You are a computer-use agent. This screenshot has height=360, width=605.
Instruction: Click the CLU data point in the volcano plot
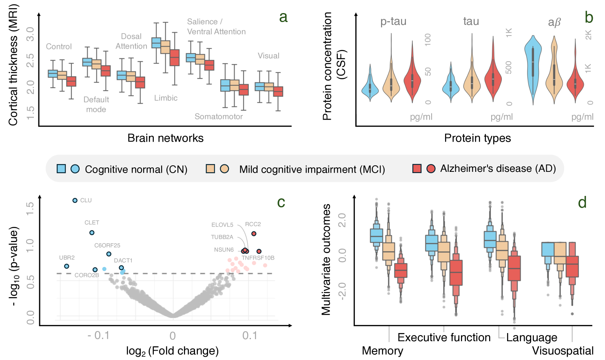[75, 200]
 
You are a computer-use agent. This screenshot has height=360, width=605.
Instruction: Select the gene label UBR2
[67, 258]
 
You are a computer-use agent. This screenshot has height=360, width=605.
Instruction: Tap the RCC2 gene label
[253, 224]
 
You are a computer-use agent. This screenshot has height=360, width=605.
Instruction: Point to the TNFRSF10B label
[258, 258]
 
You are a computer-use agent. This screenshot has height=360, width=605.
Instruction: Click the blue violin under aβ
[533, 65]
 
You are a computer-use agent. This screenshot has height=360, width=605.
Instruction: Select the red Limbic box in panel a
[175, 58]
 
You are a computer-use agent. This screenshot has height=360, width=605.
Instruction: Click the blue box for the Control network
[53, 73]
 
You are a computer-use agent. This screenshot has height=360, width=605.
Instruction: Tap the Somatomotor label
[219, 117]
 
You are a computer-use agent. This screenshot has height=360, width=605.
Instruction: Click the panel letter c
[281, 202]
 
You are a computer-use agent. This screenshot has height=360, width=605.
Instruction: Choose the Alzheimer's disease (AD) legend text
[498, 169]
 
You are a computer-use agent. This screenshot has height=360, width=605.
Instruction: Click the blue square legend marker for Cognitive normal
[61, 169]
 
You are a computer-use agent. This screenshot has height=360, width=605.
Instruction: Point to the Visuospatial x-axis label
[563, 351]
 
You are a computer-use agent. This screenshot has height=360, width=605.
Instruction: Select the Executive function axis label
[444, 338]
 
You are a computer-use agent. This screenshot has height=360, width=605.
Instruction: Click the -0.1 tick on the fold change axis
[98, 336]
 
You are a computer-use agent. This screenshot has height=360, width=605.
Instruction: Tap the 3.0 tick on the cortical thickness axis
[30, 34]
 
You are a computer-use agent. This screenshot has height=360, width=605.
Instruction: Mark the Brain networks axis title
[165, 138]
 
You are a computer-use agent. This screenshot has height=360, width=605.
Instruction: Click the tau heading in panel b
[471, 21]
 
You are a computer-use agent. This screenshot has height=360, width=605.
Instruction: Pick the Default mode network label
[96, 104]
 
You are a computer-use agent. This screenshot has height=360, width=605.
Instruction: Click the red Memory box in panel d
[401, 270]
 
